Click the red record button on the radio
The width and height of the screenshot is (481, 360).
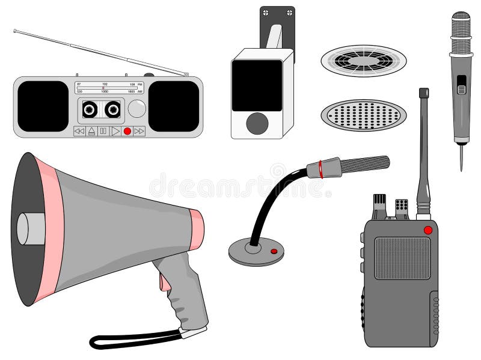(127, 131)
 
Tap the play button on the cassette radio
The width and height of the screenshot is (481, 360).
(115, 131)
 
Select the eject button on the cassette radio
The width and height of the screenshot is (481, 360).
(91, 131)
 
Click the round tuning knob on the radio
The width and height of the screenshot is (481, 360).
(137, 109)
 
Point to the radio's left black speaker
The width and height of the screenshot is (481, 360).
(43, 106)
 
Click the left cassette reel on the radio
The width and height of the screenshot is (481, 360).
(90, 109)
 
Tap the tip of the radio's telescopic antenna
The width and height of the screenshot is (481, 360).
(16, 30)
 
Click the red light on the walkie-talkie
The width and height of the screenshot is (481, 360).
(427, 230)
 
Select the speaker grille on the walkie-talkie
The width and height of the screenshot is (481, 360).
(402, 258)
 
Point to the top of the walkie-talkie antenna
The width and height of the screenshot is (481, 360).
(424, 93)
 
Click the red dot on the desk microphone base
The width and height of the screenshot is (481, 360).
(274, 251)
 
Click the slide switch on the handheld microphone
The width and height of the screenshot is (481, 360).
(461, 85)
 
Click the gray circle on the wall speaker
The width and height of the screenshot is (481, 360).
(257, 123)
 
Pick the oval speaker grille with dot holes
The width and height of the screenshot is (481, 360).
(363, 115)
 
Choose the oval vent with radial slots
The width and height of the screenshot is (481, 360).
(363, 61)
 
